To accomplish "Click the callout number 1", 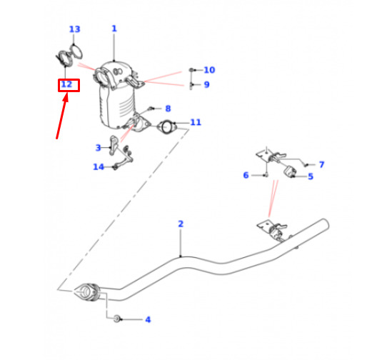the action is click(114, 29).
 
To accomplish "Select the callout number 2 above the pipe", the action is click(181, 224).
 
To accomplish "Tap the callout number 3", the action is click(99, 148).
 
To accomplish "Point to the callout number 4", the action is click(148, 319).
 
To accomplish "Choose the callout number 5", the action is click(311, 176).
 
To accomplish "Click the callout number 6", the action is click(246, 175).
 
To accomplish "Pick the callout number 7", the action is click(321, 164).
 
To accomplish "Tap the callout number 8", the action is click(168, 109).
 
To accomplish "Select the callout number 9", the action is click(207, 85).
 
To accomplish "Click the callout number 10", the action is click(209, 70).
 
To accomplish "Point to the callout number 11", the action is click(196, 122).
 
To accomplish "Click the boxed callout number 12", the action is click(66, 84).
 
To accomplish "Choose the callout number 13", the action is click(75, 29).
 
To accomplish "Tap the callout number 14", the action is click(99, 167).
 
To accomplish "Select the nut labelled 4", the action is click(117, 319).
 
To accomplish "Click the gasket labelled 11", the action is click(167, 126).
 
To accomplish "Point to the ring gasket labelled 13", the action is click(76, 51).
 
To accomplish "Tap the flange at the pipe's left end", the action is click(86, 292).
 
